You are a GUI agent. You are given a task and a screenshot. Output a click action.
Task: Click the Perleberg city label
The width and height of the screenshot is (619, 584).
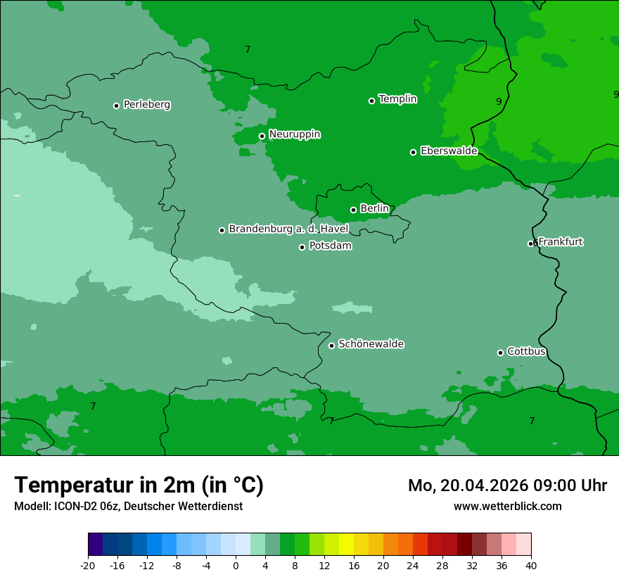pyautogui.click(x=146, y=105)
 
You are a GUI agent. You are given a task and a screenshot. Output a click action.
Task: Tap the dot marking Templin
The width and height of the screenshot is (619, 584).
pyautogui.click(x=371, y=101)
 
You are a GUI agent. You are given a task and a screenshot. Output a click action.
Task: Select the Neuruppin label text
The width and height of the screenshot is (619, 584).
pyautogui.click(x=294, y=134)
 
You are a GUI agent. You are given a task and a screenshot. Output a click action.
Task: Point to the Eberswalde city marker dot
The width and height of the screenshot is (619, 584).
pyautogui.click(x=413, y=152)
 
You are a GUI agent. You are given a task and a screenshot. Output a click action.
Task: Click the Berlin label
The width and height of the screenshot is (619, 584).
pyautogui.click(x=374, y=209)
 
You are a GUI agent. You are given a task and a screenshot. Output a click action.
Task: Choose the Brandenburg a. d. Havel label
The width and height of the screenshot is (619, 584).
pyautogui.click(x=288, y=229)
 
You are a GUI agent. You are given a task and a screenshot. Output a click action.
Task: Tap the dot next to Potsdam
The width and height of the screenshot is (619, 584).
pyautogui.click(x=302, y=247)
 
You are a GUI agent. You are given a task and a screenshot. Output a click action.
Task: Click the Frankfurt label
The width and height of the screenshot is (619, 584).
pyautogui.click(x=560, y=242)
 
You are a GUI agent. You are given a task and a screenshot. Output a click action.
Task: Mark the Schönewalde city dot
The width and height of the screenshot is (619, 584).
pyautogui.click(x=331, y=345)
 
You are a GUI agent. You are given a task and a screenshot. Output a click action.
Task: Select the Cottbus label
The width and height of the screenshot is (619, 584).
pyautogui.click(x=526, y=352)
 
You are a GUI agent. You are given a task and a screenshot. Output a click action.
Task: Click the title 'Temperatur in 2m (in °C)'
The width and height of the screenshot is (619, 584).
pyautogui.click(x=139, y=485)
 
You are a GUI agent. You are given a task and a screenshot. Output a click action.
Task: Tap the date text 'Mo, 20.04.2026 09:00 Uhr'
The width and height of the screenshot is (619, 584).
pyautogui.click(x=507, y=486)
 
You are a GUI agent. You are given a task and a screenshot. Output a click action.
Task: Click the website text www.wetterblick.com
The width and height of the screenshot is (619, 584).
pyautogui.click(x=507, y=507)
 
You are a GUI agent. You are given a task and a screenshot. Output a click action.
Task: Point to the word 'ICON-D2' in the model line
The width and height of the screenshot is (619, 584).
pyautogui.click(x=76, y=507)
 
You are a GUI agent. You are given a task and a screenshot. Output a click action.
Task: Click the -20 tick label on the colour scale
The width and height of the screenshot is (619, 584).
pyautogui.click(x=88, y=566)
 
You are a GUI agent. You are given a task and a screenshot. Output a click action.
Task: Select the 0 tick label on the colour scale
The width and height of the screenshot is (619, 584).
pyautogui.click(x=236, y=566)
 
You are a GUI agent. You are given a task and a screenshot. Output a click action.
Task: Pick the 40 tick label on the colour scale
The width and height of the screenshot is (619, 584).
pyautogui.click(x=531, y=566)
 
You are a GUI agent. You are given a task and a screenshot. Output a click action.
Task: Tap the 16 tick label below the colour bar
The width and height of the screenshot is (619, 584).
pyautogui.click(x=354, y=566)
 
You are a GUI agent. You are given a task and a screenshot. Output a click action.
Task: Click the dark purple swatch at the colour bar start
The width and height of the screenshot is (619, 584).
pyautogui.click(x=96, y=545)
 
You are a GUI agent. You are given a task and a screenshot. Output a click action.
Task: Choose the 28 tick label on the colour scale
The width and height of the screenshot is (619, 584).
pyautogui.click(x=442, y=566)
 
